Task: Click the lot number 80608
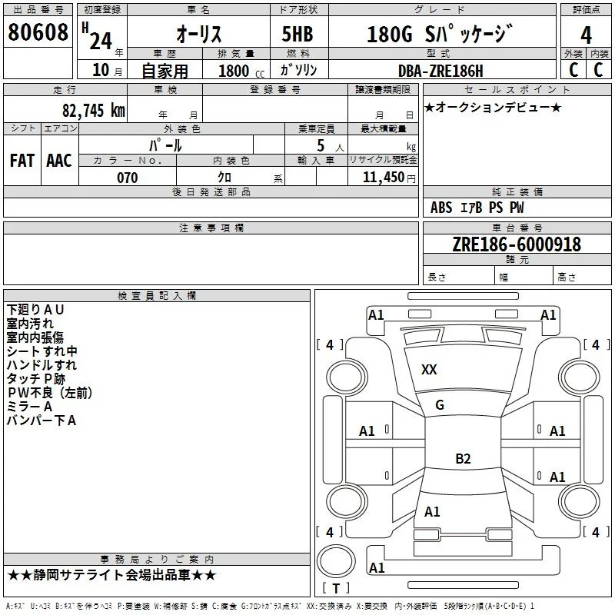(38, 32)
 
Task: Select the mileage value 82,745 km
(94, 111)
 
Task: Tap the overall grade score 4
(586, 35)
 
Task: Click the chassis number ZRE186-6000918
(517, 244)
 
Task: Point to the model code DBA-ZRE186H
(440, 71)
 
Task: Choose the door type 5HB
(298, 34)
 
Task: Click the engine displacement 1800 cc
(241, 71)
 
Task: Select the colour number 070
(128, 178)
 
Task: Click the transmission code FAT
(22, 161)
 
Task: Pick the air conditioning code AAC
(59, 161)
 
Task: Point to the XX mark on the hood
(429, 370)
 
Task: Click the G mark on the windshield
(440, 405)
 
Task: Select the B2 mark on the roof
(463, 458)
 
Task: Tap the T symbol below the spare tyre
(336, 588)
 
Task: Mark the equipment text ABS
(441, 208)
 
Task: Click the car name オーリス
(199, 34)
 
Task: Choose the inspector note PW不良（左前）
(49, 393)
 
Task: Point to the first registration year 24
(101, 42)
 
